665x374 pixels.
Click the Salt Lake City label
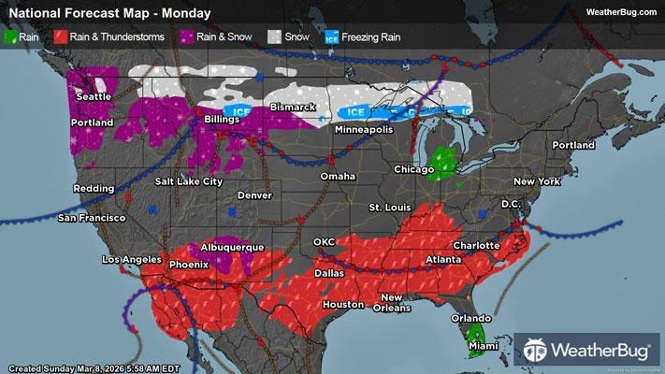[188, 181]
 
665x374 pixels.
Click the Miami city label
[484, 346]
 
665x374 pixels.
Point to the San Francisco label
[92, 218]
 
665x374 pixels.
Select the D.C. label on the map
[511, 203]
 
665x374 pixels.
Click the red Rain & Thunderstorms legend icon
[59, 38]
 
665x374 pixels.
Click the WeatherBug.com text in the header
[621, 10]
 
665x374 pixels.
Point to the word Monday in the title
[184, 12]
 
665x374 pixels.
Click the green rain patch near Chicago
[443, 163]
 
